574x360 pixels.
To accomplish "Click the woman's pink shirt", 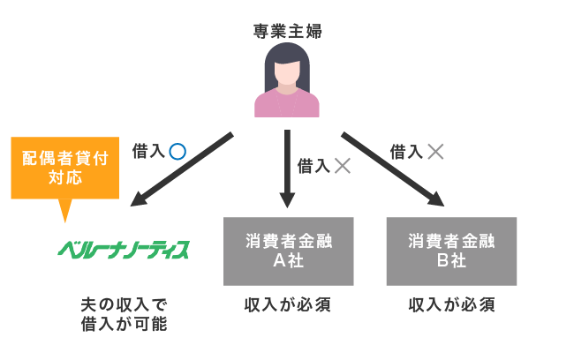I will pos(287,104).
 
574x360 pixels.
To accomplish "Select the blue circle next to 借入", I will pos(177,151).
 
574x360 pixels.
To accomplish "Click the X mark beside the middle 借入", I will pos(342,165).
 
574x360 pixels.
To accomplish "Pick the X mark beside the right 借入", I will pos(434,151).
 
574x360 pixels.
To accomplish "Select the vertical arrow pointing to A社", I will pos(287,168).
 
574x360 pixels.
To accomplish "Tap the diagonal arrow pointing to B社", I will pos(393,169).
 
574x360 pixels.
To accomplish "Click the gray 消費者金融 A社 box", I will pos(288,251).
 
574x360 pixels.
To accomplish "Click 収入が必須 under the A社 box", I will pos(288,305).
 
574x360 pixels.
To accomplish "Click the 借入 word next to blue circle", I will pos(147,151).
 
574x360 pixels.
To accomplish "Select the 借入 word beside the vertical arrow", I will pos(313,165).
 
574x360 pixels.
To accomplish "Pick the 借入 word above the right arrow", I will pos(406,151).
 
